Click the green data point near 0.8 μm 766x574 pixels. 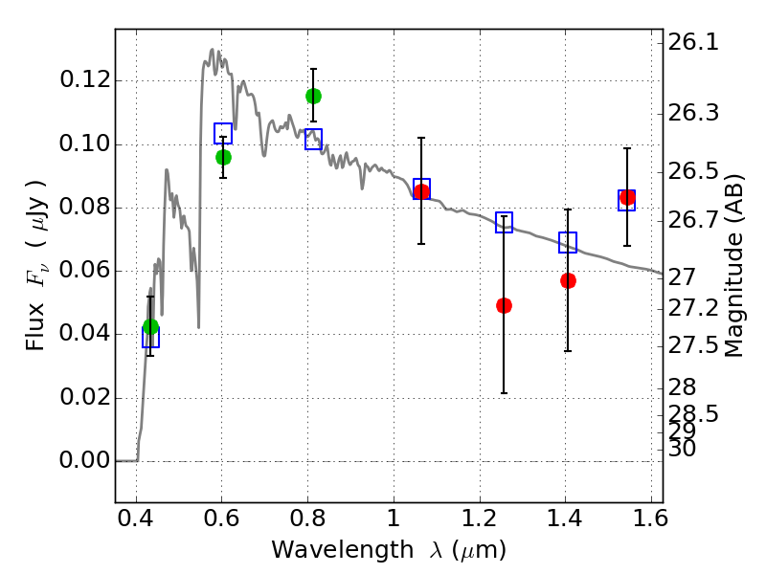[x=313, y=96]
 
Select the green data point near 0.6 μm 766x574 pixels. [x=223, y=157]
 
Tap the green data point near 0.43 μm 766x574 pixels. [x=150, y=326]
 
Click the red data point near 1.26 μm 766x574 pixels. [x=504, y=305]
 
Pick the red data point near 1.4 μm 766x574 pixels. [x=568, y=280]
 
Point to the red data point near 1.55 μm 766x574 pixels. [x=627, y=198]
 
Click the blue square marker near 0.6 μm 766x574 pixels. [x=223, y=134]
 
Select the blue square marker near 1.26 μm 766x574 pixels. [x=504, y=223]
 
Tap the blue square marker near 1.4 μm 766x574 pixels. [x=568, y=243]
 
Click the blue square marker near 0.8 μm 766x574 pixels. [x=313, y=140]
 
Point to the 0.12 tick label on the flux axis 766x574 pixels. [x=83, y=80]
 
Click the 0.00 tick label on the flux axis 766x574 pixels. [x=83, y=461]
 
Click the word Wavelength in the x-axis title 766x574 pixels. [x=322, y=550]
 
